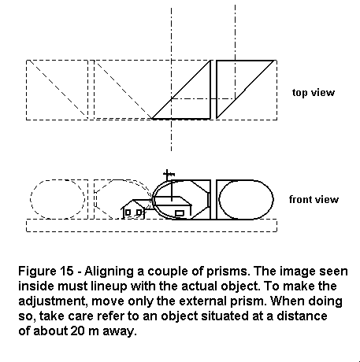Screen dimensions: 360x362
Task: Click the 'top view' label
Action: click(314, 93)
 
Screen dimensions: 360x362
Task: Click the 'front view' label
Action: click(314, 200)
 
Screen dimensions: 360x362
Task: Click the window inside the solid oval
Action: click(180, 213)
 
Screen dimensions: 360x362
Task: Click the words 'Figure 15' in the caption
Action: click(46, 271)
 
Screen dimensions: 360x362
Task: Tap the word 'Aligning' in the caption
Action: click(109, 271)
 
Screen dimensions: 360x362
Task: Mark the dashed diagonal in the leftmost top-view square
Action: click(58, 88)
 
